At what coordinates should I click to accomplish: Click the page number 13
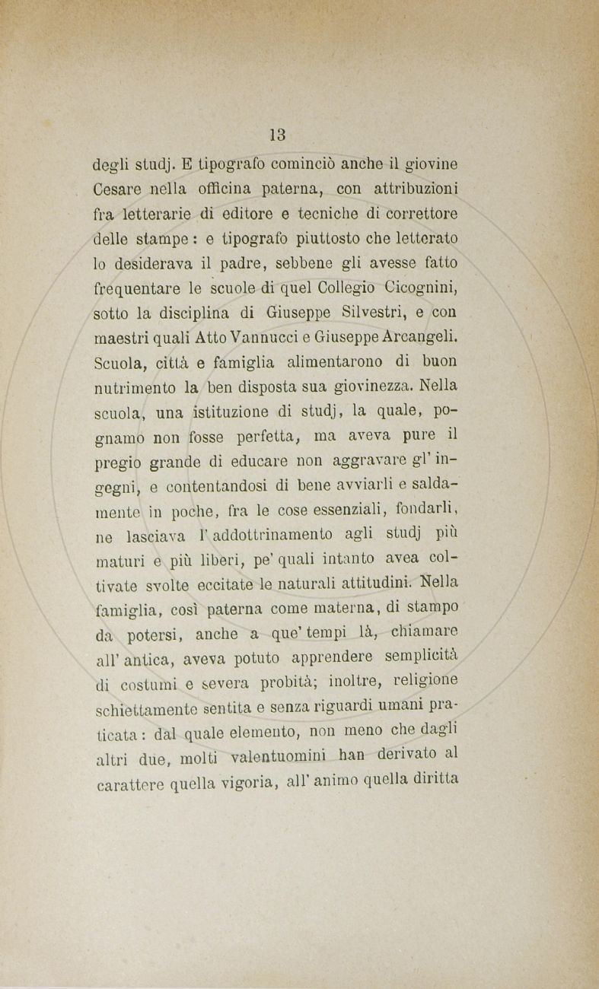(277, 135)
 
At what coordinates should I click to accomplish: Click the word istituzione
(230, 412)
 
